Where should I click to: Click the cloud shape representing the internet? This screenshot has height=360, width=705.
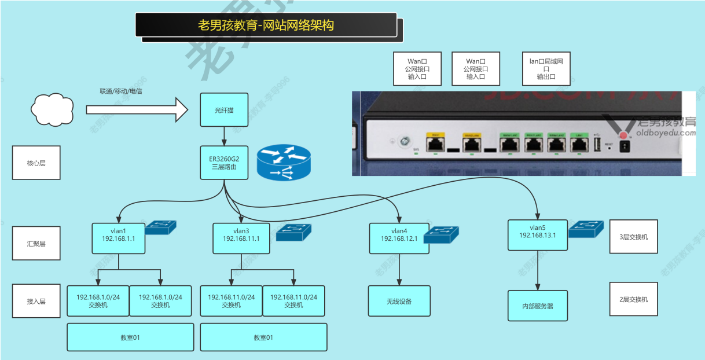pyautogui.click(x=53, y=108)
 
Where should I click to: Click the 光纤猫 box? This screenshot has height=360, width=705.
pyautogui.click(x=224, y=109)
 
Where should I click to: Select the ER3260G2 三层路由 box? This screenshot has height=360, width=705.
pyautogui.click(x=224, y=162)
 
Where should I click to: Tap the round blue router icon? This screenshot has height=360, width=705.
pyautogui.click(x=284, y=163)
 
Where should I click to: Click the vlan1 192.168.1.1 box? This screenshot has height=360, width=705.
pyautogui.click(x=118, y=238)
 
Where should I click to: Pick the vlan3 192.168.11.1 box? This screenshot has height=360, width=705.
pyautogui.click(x=241, y=238)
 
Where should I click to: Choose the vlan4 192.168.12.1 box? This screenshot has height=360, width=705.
pyautogui.click(x=399, y=238)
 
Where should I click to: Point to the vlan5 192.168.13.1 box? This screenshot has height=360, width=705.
pyautogui.click(x=538, y=235)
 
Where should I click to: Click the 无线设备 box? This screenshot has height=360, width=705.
pyautogui.click(x=399, y=301)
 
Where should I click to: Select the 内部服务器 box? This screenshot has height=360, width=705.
pyautogui.click(x=538, y=306)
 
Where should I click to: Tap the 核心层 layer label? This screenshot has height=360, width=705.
pyautogui.click(x=36, y=163)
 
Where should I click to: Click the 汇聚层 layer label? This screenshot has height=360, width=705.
pyautogui.click(x=36, y=243)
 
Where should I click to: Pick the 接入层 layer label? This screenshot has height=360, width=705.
pyautogui.click(x=36, y=301)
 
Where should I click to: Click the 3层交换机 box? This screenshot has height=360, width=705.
pyautogui.click(x=633, y=237)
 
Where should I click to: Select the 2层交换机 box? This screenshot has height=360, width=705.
pyautogui.click(x=633, y=299)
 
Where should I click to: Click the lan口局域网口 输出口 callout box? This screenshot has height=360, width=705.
pyautogui.click(x=546, y=68)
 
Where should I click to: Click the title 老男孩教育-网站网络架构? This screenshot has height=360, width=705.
pyautogui.click(x=266, y=25)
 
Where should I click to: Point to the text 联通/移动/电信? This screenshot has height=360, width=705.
pyautogui.click(x=121, y=91)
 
